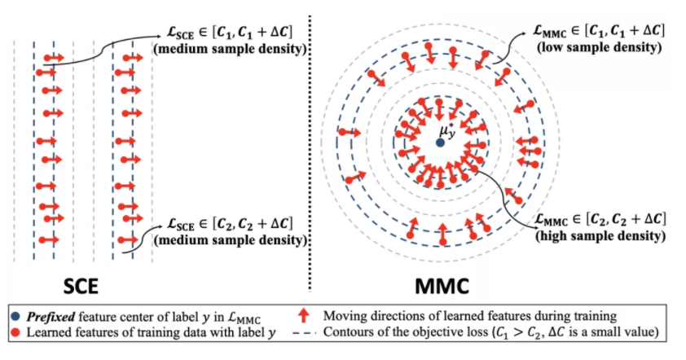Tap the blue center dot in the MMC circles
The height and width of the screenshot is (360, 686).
click(x=440, y=142)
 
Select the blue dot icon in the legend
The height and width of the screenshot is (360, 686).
click(x=18, y=314)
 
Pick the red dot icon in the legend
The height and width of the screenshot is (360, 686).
click(x=18, y=331)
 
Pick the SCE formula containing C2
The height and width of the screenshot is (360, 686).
click(x=223, y=222)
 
